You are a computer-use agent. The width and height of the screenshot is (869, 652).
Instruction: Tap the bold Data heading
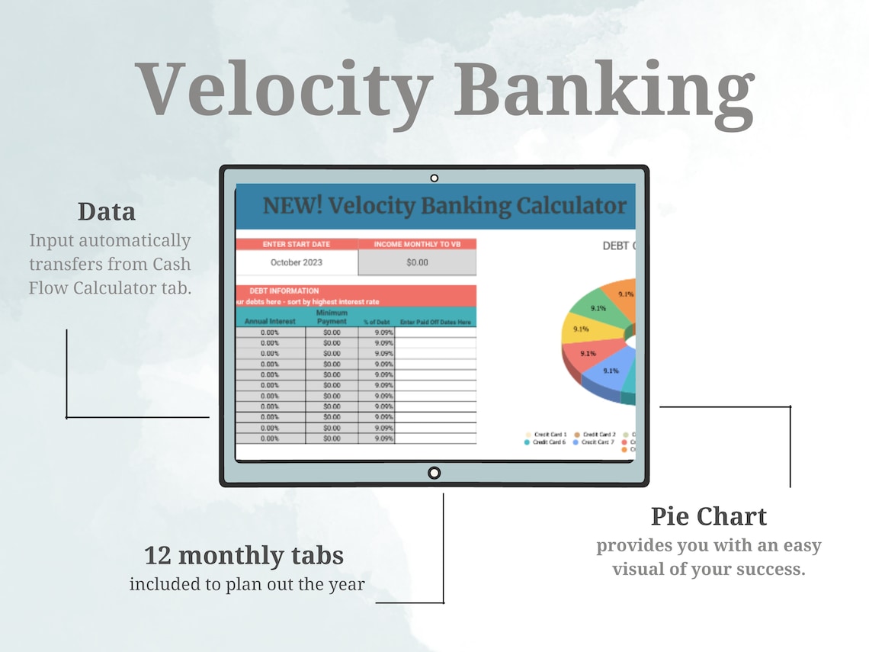(x=107, y=211)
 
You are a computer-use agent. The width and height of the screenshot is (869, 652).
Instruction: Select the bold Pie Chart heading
(x=708, y=516)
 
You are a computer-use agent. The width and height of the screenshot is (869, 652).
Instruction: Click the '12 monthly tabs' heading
(x=244, y=554)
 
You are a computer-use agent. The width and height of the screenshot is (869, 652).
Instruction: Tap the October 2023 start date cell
(x=296, y=262)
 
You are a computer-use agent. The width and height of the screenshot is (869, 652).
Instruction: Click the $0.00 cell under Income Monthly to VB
(x=417, y=262)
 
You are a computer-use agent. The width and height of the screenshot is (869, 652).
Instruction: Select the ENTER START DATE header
(x=296, y=244)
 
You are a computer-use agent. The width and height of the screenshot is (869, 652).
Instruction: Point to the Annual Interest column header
(x=271, y=322)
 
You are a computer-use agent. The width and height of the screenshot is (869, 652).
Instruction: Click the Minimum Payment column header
(x=332, y=317)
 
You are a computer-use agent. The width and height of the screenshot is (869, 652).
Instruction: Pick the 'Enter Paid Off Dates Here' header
(x=435, y=323)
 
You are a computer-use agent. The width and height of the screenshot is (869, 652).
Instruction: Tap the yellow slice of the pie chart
(x=579, y=330)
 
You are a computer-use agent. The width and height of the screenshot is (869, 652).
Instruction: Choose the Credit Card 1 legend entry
(x=549, y=434)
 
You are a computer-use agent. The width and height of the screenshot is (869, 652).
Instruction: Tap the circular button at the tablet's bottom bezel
(x=434, y=473)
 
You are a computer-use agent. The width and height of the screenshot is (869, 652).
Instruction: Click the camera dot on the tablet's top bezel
(x=434, y=178)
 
